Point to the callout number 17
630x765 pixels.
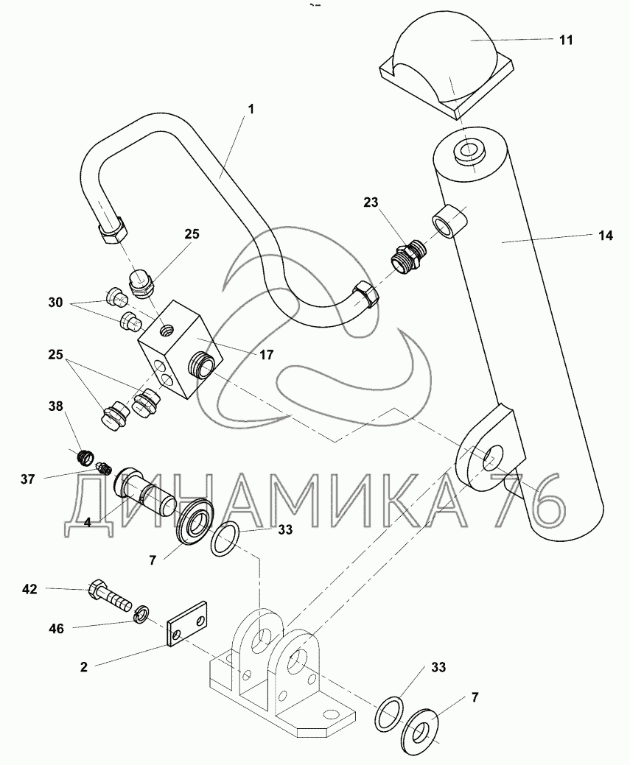click(x=265, y=354)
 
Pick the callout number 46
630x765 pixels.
click(x=56, y=628)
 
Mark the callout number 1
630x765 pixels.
click(x=251, y=108)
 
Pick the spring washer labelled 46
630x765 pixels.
click(x=141, y=613)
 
